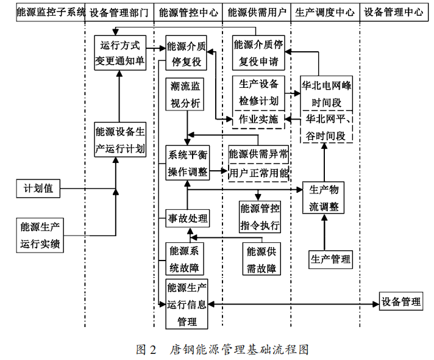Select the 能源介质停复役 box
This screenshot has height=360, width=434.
click(x=187, y=54)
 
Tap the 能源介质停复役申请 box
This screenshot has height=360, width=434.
click(x=258, y=52)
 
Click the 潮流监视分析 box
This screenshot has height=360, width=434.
click(x=187, y=95)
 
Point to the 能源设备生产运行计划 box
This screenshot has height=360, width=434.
click(x=120, y=140)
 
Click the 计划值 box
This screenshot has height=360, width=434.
click(x=38, y=189)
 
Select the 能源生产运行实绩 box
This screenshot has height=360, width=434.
click(x=40, y=236)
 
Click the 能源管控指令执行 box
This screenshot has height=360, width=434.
click(x=260, y=217)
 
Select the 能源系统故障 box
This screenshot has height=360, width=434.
click(x=187, y=259)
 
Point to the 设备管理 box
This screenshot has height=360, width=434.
click(x=400, y=301)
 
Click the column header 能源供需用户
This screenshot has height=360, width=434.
click(x=256, y=12)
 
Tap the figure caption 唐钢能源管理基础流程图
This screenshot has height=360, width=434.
click(x=239, y=350)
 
